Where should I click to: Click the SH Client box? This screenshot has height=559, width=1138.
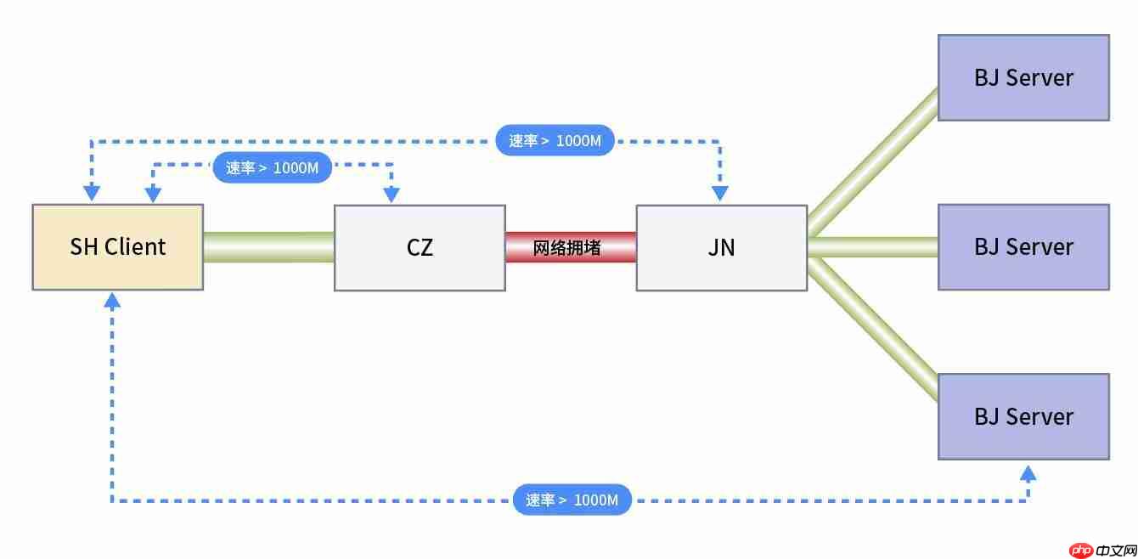coord(117,247)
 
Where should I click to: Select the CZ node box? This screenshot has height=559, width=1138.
coord(420,247)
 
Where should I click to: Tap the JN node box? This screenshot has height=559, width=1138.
coord(721,247)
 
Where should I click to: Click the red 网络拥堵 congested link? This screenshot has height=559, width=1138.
coord(571,247)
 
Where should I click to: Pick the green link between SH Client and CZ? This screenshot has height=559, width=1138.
coord(268,247)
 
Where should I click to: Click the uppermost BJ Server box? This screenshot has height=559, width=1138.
coord(1023,77)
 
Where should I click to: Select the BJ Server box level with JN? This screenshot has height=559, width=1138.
coord(1023,247)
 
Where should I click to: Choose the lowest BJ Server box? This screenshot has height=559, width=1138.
coord(1023,416)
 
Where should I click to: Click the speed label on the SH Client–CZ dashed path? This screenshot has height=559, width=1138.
coord(272,167)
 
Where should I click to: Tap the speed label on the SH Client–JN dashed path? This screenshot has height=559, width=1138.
coord(555,140)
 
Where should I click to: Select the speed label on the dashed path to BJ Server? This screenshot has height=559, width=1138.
coord(572,500)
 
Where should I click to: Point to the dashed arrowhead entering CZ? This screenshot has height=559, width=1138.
coord(392,195)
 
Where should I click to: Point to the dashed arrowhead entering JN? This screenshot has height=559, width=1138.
coord(720,195)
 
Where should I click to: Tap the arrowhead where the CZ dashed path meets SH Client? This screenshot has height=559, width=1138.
coord(153,195)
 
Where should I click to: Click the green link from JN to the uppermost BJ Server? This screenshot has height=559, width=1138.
coord(873,161)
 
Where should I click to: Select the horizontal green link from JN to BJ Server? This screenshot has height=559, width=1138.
coord(872,247)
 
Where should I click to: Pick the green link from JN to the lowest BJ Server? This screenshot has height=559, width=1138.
coord(873,330)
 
